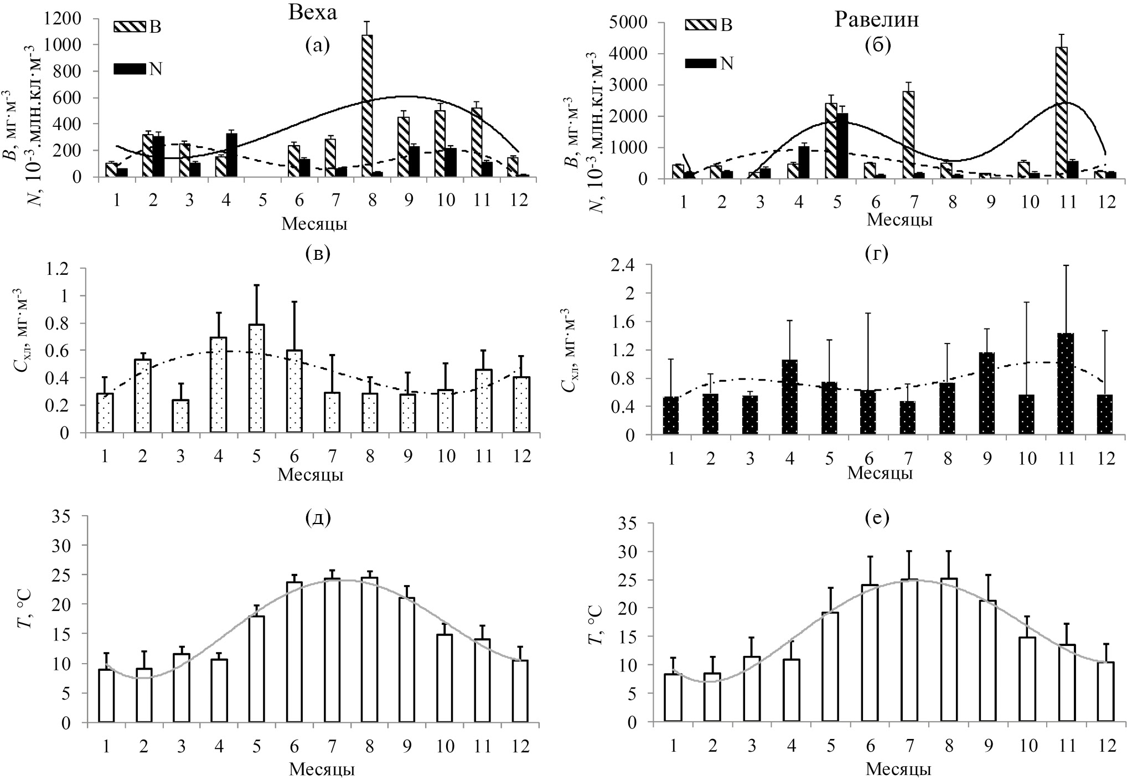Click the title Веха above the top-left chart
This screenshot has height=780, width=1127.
[312, 13]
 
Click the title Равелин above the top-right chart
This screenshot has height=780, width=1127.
[876, 20]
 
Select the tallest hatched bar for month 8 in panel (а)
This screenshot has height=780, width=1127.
[367, 105]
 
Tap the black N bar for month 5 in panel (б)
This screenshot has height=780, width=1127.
[842, 146]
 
